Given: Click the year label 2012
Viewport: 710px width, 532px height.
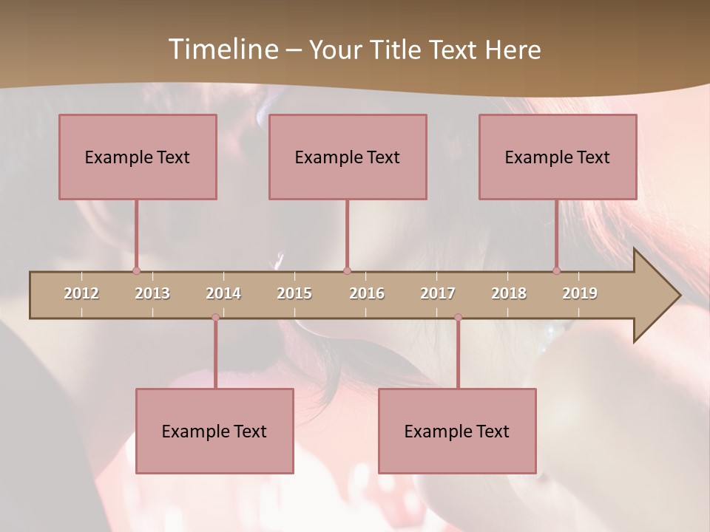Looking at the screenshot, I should pyautogui.click(x=81, y=293).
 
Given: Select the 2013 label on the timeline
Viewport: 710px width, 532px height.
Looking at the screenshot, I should pyautogui.click(x=152, y=293).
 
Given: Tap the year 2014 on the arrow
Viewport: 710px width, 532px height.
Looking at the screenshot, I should pyautogui.click(x=223, y=293).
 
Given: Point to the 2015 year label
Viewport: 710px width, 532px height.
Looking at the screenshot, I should pyautogui.click(x=294, y=293).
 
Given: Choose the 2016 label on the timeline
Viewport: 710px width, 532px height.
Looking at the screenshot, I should pyautogui.click(x=367, y=293).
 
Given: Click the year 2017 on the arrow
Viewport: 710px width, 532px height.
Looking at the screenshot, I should pyautogui.click(x=438, y=293).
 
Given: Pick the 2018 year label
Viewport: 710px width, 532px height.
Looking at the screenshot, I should pyautogui.click(x=509, y=293).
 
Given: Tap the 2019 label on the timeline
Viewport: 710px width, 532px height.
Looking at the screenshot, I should pyautogui.click(x=580, y=293).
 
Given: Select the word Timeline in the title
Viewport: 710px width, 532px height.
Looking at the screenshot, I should pyautogui.click(x=222, y=50).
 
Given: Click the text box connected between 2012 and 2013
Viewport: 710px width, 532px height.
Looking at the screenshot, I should pyautogui.click(x=138, y=157).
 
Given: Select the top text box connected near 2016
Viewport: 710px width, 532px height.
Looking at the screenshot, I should pyautogui.click(x=348, y=157).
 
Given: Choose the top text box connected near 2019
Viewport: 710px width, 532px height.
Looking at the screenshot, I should pyautogui.click(x=558, y=157).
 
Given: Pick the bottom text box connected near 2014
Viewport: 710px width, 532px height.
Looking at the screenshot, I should pyautogui.click(x=214, y=431).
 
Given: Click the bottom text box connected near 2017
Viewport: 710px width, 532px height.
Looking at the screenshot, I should pyautogui.click(x=457, y=431).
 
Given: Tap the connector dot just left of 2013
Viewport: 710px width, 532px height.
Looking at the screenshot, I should pyautogui.click(x=136, y=270).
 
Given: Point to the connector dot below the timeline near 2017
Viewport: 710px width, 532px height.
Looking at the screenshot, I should pyautogui.click(x=458, y=318).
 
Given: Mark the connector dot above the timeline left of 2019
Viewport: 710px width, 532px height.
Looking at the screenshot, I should pyautogui.click(x=556, y=270).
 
